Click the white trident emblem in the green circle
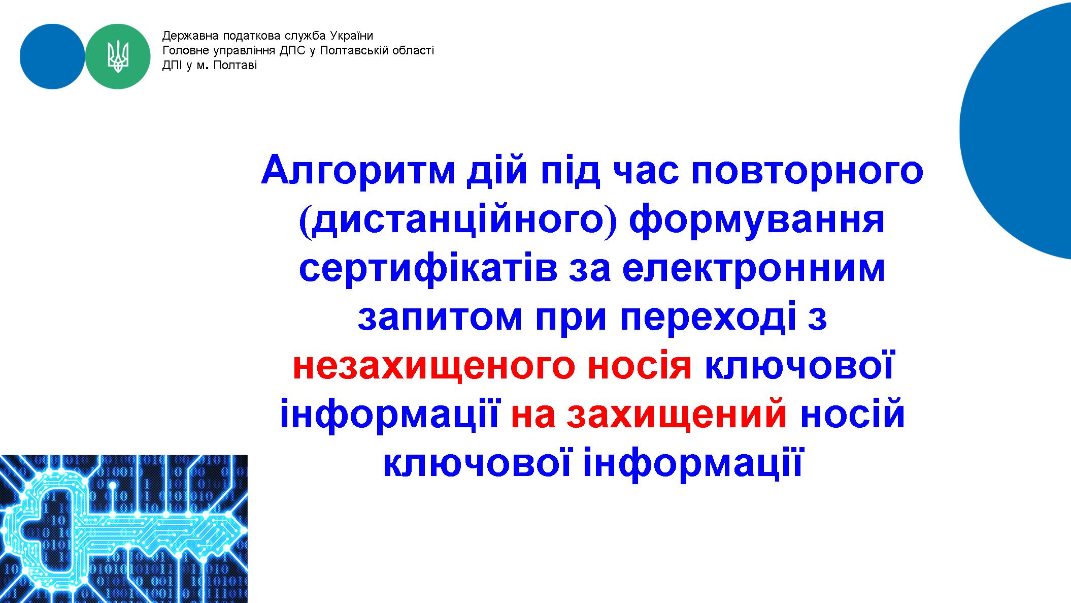(118, 56)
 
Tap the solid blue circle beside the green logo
(53, 56)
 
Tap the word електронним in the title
(754, 270)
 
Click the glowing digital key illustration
(124, 529)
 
